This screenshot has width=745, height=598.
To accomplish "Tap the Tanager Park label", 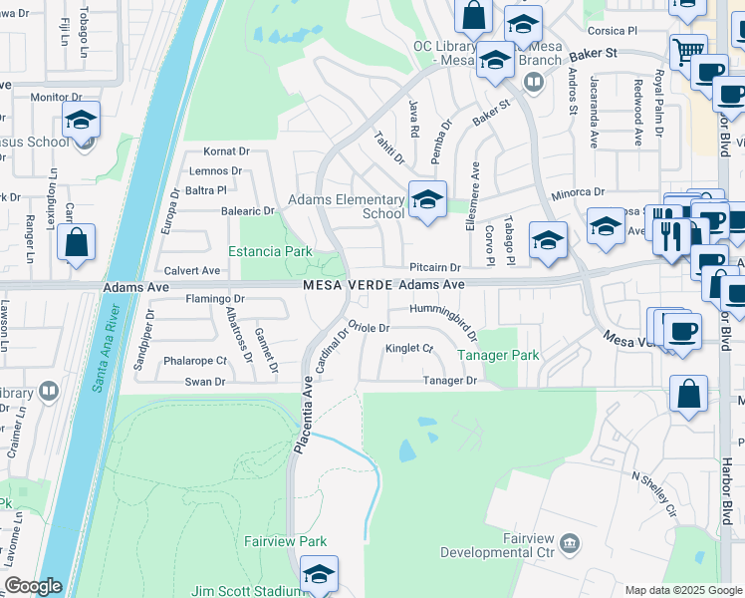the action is pos(498,355).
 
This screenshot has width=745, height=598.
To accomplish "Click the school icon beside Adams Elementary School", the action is pos(427,200).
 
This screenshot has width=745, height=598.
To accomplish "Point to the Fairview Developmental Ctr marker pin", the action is pos(570,543).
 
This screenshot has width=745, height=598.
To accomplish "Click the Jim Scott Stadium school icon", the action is pos(319,576).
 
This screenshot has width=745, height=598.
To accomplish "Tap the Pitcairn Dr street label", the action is pos(434,267).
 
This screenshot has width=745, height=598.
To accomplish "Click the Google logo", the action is pos(32,586).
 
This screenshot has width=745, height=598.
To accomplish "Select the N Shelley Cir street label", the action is pos(653,493).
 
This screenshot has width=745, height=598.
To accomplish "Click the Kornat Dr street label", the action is pos(226,151).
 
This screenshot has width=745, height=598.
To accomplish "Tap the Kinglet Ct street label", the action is pos(409,348).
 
